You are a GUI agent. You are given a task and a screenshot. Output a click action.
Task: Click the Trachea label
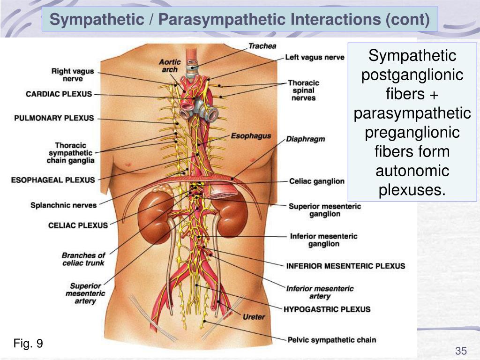coord(262,46)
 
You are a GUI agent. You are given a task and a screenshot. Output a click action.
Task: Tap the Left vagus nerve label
coord(315,57)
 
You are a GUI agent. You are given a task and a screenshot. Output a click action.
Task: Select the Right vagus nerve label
coord(73,75)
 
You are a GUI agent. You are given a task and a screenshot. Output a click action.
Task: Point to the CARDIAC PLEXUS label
coord(59,94)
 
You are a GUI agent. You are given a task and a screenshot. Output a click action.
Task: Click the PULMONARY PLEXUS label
coord(54,118)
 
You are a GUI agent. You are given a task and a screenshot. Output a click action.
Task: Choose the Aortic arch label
coord(169,66)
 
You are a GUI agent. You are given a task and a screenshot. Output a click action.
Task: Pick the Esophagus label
coord(251,136)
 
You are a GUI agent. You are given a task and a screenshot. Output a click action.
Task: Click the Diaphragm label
coord(305,139)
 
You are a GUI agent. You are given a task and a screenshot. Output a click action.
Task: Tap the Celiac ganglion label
coord(317,181)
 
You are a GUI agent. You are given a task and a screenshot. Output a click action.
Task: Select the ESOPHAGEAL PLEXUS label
coord(53,180)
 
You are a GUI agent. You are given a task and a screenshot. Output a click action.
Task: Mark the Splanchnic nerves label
coord(64,205)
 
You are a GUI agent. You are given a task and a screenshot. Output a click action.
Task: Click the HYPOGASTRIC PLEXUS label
coord(327,309)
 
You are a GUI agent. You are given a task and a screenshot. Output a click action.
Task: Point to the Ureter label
coord(254,317)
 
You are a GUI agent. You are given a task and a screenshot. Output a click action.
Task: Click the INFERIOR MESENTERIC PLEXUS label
coord(345,266)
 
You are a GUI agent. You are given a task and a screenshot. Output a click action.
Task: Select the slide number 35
coord(461,351)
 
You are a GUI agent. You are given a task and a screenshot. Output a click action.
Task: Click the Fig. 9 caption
coord(28,344)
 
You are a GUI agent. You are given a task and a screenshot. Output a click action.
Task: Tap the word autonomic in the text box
coord(412,171)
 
